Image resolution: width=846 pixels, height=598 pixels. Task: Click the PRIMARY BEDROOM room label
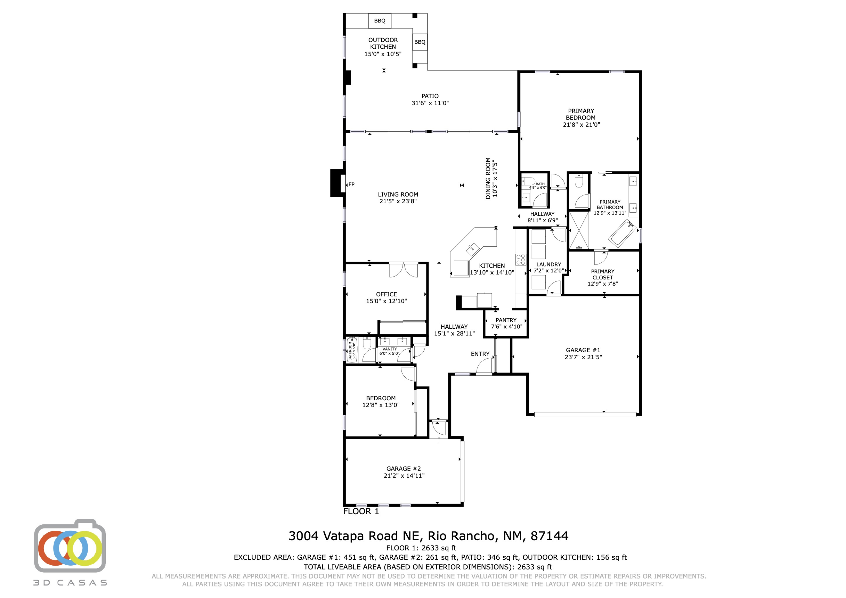coord(581,118)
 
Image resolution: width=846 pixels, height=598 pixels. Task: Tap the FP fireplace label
coord(352,185)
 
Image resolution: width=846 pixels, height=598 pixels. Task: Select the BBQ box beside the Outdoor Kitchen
coord(420,42)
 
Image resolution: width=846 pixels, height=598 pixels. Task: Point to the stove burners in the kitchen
coord(520,259)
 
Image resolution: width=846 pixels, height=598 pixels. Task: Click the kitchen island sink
coord(472,250)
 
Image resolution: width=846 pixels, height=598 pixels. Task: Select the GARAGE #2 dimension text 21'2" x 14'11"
coord(404,476)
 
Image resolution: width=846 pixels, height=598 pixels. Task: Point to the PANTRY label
coord(506,320)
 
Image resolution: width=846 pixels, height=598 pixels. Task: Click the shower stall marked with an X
coord(579,230)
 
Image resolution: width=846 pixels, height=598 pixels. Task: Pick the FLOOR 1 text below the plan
coord(361,511)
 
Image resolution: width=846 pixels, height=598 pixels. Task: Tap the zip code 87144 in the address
coord(549,536)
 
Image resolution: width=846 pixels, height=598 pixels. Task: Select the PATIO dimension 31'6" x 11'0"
coord(430,103)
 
